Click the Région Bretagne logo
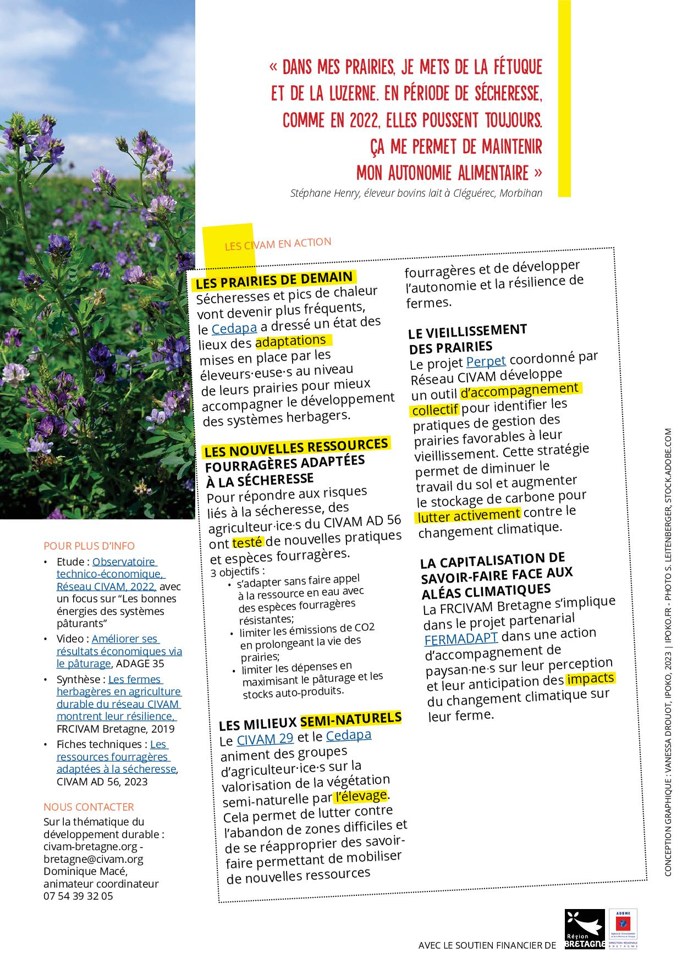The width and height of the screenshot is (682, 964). point(585,929)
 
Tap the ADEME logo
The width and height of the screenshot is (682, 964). point(623,929)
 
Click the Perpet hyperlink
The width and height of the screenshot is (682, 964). point(486,361)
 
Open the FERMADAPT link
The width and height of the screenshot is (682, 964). point(461,639)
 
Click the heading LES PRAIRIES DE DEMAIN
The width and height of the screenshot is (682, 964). point(274,280)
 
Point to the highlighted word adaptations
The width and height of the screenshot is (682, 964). point(291,342)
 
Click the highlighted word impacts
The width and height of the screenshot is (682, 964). point(590,679)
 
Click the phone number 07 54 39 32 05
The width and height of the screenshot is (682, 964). point(78,896)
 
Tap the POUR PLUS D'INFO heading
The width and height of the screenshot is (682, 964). point(89,546)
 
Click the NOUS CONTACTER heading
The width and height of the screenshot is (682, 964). point(89,807)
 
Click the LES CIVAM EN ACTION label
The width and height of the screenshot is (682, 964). point(278,243)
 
